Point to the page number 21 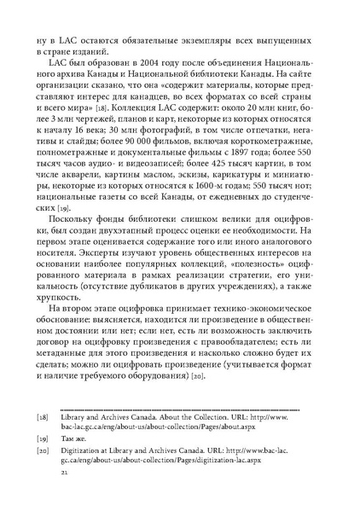click(56, 495)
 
